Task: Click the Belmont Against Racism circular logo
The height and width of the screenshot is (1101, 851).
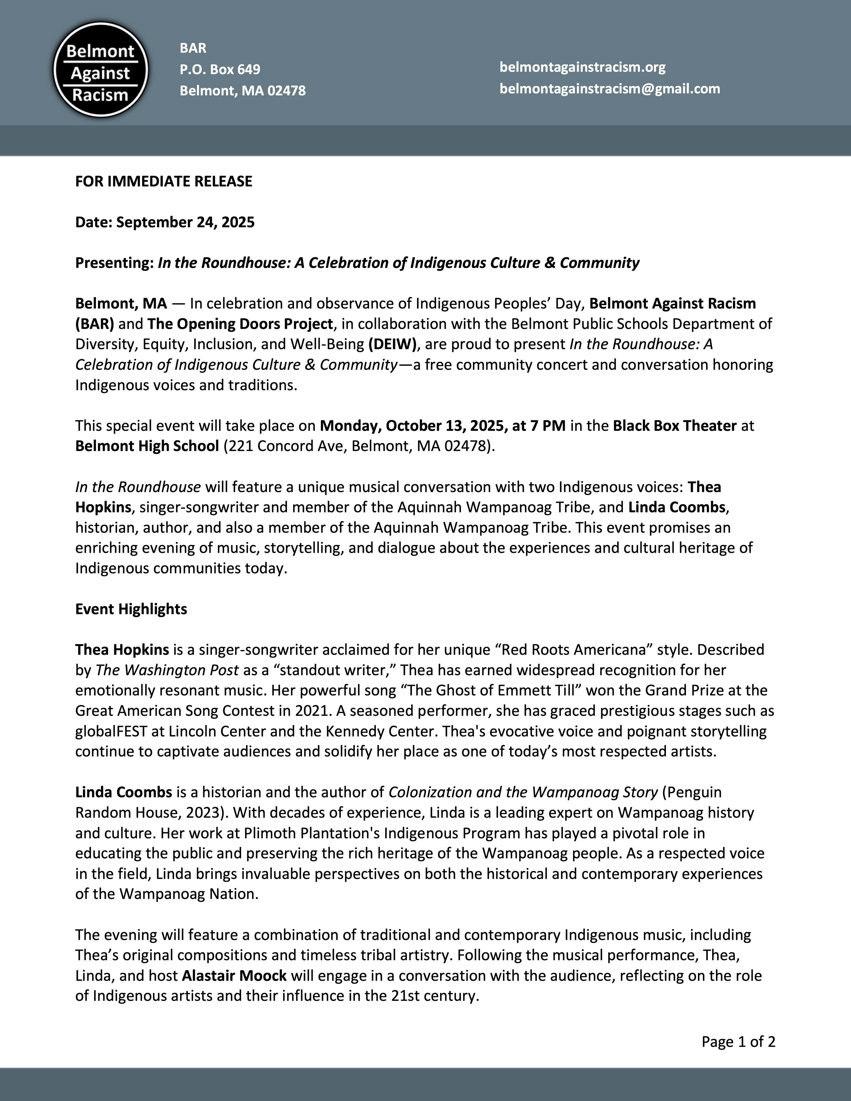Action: (100, 69)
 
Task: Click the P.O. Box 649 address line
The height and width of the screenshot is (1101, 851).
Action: (220, 69)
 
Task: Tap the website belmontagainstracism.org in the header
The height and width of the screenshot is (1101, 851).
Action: (582, 67)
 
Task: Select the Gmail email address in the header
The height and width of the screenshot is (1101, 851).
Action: (609, 89)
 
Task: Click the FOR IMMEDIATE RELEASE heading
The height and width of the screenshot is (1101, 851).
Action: (163, 182)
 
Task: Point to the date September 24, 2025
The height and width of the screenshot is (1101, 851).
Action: (185, 222)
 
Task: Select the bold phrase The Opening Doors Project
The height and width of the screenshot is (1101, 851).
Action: (240, 324)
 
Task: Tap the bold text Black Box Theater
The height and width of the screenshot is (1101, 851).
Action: (675, 426)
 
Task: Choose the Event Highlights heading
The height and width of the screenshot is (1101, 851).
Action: (131, 609)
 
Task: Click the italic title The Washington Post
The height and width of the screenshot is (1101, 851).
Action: (167, 670)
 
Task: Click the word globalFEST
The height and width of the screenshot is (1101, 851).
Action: (111, 732)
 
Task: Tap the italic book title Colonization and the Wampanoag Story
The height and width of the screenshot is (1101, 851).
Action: (523, 792)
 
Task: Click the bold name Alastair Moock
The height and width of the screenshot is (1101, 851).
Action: (234, 976)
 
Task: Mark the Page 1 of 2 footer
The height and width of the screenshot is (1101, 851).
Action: (738, 1042)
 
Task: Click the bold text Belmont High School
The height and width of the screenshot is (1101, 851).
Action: (147, 447)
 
